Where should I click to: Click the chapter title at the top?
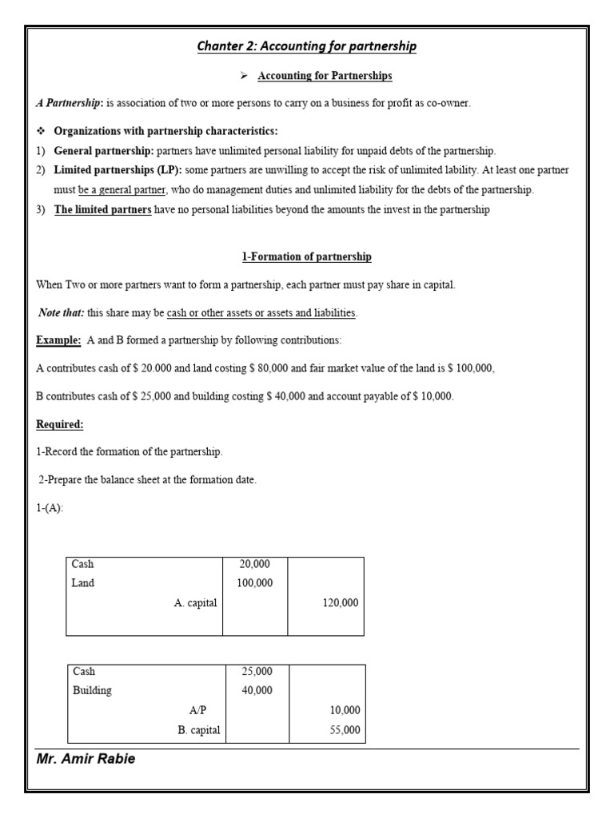click(306, 46)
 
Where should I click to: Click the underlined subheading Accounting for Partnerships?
click(325, 76)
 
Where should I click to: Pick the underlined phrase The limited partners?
click(102, 210)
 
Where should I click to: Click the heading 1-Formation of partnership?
click(306, 256)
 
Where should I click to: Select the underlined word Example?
click(58, 340)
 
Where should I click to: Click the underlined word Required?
click(59, 424)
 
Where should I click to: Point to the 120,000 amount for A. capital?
click(341, 603)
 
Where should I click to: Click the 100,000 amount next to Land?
click(255, 583)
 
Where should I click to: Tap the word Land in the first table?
click(83, 583)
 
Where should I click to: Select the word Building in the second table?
click(92, 690)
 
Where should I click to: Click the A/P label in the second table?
click(197, 710)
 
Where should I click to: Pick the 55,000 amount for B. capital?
click(345, 730)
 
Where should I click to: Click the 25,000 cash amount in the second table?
click(257, 671)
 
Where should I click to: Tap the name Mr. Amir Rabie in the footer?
click(86, 759)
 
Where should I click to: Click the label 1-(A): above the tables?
click(50, 508)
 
